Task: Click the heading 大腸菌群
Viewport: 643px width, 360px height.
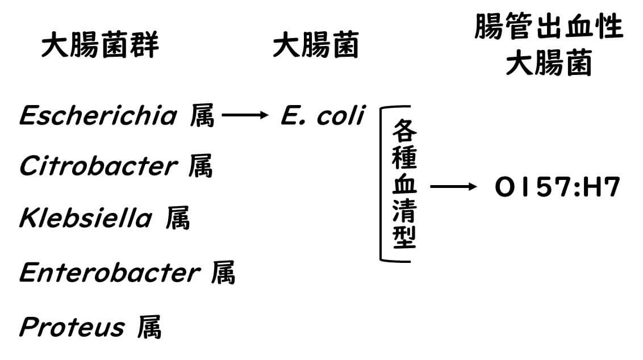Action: (100, 46)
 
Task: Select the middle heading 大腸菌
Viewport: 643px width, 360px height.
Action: (315, 46)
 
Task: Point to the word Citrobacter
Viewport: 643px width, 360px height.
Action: (98, 166)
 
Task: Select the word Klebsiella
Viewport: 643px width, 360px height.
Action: (86, 218)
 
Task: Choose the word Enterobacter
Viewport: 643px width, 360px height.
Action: (109, 273)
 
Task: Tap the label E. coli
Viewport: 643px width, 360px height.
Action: (322, 116)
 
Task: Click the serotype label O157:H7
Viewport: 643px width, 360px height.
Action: (557, 188)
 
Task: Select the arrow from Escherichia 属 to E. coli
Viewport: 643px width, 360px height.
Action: (244, 116)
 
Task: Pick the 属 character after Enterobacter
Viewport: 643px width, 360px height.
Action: (223, 273)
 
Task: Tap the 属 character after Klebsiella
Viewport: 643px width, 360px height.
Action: (178, 218)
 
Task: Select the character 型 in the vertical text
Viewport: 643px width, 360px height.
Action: (404, 238)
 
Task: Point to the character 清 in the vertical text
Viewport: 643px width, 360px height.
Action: (404, 211)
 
